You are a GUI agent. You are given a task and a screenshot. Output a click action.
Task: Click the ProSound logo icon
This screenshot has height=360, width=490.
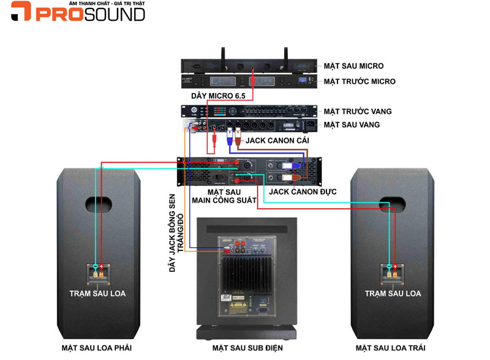pyautogui.click(x=20, y=12)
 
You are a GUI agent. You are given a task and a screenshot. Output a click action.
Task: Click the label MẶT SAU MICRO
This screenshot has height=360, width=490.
pyautogui.click(x=353, y=66)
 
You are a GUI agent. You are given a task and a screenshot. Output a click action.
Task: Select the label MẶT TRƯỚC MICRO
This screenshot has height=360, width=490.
pyautogui.click(x=359, y=81)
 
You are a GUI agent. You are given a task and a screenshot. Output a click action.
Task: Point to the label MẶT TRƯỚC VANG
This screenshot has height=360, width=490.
pyautogui.click(x=357, y=111)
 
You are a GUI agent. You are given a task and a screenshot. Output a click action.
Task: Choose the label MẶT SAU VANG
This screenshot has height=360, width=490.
pyautogui.click(x=352, y=125)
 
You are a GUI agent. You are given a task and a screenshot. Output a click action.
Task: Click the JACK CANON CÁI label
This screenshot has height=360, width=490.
pyautogui.click(x=277, y=141)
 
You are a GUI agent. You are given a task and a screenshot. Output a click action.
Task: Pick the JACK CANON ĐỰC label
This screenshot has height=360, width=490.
pyautogui.click(x=303, y=192)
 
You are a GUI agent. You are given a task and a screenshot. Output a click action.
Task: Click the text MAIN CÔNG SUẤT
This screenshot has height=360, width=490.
pyautogui.click(x=219, y=201)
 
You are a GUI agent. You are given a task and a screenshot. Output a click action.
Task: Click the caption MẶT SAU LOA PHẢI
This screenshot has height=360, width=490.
pyautogui.click(x=96, y=348)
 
